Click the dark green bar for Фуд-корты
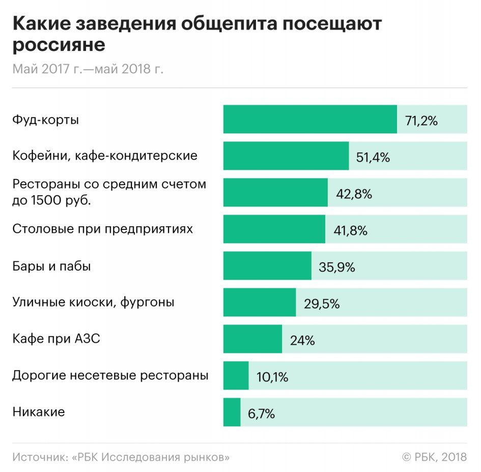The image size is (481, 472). click(x=309, y=120)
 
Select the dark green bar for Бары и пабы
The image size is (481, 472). click(x=267, y=266)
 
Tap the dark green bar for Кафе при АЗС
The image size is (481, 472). click(x=252, y=339)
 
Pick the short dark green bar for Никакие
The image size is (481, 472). click(x=232, y=412)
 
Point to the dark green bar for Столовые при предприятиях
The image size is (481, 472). click(x=274, y=229)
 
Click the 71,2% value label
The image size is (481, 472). click(x=421, y=121)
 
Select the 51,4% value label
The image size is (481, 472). click(x=373, y=157)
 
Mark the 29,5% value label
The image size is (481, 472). click(x=322, y=304)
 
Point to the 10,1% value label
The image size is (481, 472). click(x=272, y=377)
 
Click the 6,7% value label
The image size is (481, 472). click(x=261, y=414)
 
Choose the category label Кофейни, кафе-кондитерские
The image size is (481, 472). click(x=105, y=156)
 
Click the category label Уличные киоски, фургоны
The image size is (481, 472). click(x=93, y=302)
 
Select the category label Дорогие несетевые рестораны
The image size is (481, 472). click(x=110, y=376)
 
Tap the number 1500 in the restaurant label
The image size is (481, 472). click(x=49, y=200)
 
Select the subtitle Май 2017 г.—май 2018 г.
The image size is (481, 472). click(x=88, y=69)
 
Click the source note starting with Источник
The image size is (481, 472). click(x=121, y=457)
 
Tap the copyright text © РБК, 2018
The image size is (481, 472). click(x=434, y=457)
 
